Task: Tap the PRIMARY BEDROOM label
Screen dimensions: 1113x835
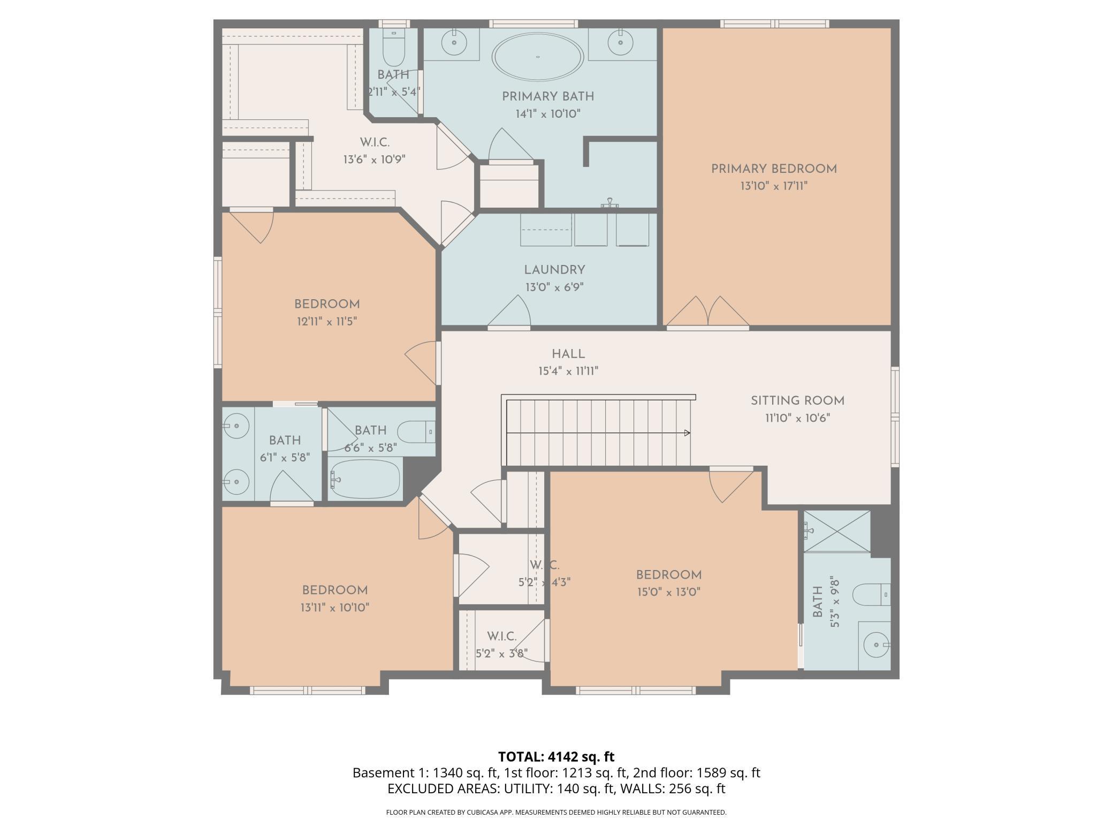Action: coord(774,169)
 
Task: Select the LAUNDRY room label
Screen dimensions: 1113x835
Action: coord(554,270)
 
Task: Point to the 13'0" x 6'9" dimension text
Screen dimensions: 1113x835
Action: coord(554,287)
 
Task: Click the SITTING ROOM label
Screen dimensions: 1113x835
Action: coord(797,401)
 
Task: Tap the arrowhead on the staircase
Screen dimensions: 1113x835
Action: coord(687,433)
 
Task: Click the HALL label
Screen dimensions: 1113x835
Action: coord(568,354)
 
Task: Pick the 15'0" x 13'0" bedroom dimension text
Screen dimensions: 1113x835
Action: coord(668,592)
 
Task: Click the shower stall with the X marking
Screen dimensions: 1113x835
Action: coord(837,531)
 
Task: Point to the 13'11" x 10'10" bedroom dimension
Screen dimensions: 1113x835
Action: coord(335,608)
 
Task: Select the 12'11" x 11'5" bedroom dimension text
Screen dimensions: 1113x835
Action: coord(326,322)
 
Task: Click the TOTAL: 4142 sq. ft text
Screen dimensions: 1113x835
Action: coord(556,756)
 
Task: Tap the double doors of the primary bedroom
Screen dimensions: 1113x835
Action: coord(707,312)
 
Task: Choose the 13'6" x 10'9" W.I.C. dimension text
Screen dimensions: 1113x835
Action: coord(375,160)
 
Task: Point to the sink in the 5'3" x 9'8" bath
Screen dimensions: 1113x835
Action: coord(877,645)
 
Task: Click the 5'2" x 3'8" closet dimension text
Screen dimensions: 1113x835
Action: coord(502,654)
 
